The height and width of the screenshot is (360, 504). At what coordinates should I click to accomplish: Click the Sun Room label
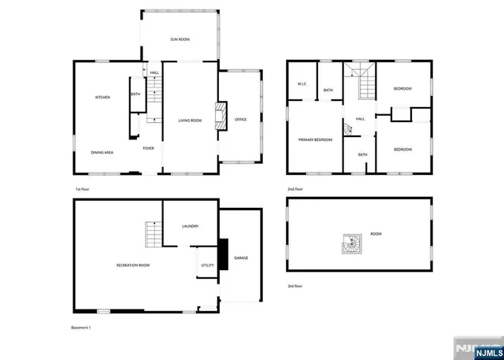pyautogui.click(x=180, y=39)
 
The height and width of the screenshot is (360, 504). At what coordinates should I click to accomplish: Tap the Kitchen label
pyautogui.click(x=102, y=97)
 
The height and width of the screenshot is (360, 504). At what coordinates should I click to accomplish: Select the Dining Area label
pyautogui.click(x=102, y=152)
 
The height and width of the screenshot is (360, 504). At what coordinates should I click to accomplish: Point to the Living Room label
pyautogui.click(x=190, y=121)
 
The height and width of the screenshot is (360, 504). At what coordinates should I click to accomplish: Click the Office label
pyautogui.click(x=241, y=119)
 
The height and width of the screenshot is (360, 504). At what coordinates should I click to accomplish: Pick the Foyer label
pyautogui.click(x=148, y=148)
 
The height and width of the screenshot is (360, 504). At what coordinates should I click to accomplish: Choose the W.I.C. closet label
pyautogui.click(x=301, y=84)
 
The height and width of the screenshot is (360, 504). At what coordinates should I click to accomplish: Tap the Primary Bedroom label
pyautogui.click(x=315, y=139)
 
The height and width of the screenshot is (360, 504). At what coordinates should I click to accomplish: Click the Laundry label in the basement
pyautogui.click(x=190, y=226)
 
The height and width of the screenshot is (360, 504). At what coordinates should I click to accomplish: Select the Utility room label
pyautogui.click(x=207, y=265)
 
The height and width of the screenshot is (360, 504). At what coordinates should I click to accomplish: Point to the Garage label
pyautogui.click(x=241, y=258)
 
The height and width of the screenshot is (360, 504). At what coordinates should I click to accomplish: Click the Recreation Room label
pyautogui.click(x=133, y=265)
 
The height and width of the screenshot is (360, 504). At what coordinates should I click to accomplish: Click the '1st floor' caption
pyautogui.click(x=83, y=190)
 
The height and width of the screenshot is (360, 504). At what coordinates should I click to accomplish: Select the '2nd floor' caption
pyautogui.click(x=296, y=190)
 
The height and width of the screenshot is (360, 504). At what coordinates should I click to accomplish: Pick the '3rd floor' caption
pyautogui.click(x=295, y=286)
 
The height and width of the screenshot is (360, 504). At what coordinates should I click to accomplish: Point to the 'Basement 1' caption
pyautogui.click(x=81, y=327)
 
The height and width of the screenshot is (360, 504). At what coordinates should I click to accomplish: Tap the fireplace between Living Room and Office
pyautogui.click(x=224, y=112)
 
